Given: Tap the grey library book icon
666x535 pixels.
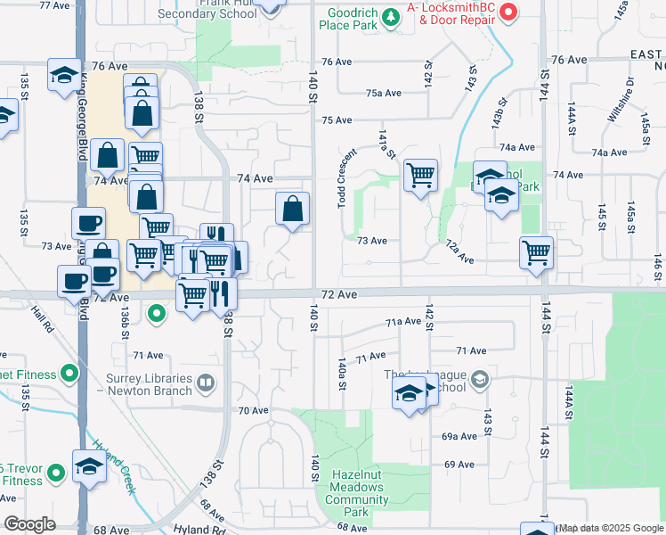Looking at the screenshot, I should coord(206,383).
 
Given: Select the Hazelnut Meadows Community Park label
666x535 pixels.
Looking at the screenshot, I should coord(357,494).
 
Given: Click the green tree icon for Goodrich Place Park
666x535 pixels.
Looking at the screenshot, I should coord(389,17).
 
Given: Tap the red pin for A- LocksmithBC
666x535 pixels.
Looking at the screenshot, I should coord(508,12).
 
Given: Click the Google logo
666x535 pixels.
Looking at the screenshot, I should coord(29,524).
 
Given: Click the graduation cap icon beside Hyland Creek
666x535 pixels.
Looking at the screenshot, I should coord(88,466).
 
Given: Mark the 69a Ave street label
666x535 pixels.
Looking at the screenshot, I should coord(459,437).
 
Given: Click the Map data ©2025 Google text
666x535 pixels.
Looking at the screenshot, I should coord(610,529).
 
